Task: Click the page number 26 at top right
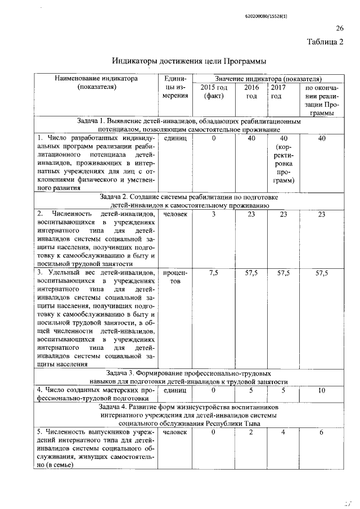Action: (340, 28)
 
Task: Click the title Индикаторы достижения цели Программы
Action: (188, 61)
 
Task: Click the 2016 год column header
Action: (251, 91)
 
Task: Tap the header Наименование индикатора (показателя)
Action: (96, 83)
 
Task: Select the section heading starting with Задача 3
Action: (188, 376)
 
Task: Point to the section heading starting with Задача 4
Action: (188, 414)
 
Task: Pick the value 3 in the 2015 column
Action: (214, 214)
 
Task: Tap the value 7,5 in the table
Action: (214, 273)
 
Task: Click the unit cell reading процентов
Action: (174, 277)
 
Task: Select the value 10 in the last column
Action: (321, 390)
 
